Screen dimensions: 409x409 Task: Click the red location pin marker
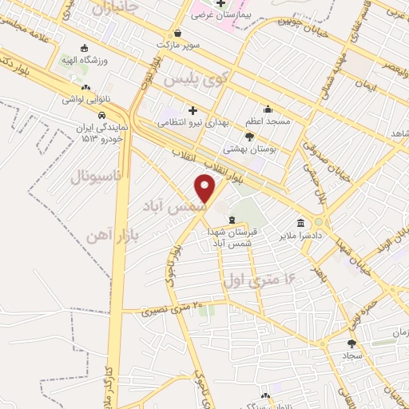coord(206,189)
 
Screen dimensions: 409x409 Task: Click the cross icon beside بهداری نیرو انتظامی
coord(192,109)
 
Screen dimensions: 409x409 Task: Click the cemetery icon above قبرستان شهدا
coord(232,220)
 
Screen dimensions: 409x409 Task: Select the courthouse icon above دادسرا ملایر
coord(300,224)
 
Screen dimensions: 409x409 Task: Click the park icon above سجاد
coord(352,343)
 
